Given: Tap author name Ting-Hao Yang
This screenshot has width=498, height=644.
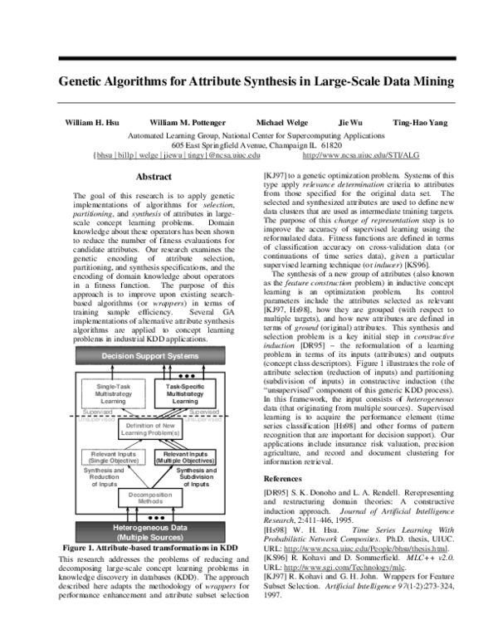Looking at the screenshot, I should pos(420,122).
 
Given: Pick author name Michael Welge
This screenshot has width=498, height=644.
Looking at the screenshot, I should pos(280,122).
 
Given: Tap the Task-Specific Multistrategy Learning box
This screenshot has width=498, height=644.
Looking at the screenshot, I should pos(184,394).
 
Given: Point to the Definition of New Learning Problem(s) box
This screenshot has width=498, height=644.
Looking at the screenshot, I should pos(150,429).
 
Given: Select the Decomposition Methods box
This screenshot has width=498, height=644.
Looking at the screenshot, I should pos(150,498).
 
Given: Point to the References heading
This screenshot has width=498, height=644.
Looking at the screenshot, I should pos(283,480).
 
